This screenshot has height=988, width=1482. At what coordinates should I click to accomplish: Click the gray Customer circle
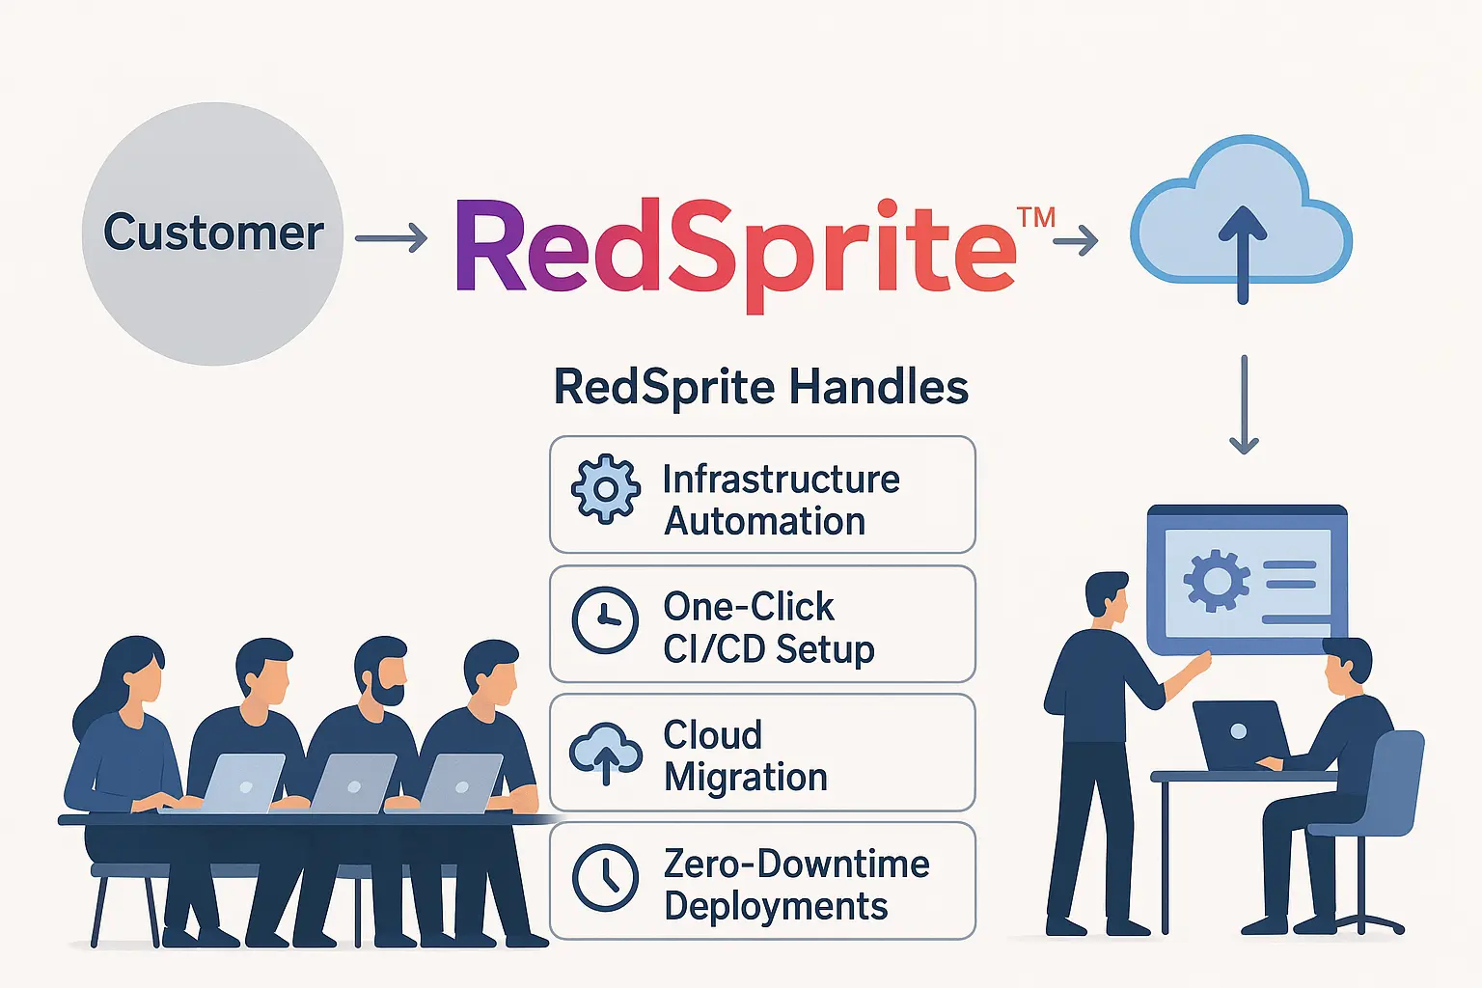[212, 233]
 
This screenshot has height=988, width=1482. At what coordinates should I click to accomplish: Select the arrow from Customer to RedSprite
[391, 237]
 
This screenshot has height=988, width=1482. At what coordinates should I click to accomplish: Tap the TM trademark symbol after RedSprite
[1036, 217]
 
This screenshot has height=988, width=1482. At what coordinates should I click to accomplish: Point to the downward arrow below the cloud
[1244, 405]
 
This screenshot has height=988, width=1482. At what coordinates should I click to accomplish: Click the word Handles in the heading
[878, 388]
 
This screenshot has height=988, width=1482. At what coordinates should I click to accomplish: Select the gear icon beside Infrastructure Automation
[605, 489]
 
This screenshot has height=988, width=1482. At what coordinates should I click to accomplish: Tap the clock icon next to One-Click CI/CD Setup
[605, 619]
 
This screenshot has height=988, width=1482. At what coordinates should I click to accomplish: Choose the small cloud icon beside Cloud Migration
[605, 753]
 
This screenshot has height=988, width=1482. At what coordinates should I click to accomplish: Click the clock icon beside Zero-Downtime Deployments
[605, 878]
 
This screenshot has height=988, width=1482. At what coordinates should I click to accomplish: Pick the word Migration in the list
[745, 778]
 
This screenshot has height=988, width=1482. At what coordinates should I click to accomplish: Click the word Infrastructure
[781, 480]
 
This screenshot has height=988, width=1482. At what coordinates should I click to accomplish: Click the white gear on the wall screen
[1215, 580]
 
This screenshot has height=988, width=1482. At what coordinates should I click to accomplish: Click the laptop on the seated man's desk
[1239, 733]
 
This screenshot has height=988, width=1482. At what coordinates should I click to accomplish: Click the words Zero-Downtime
[796, 864]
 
